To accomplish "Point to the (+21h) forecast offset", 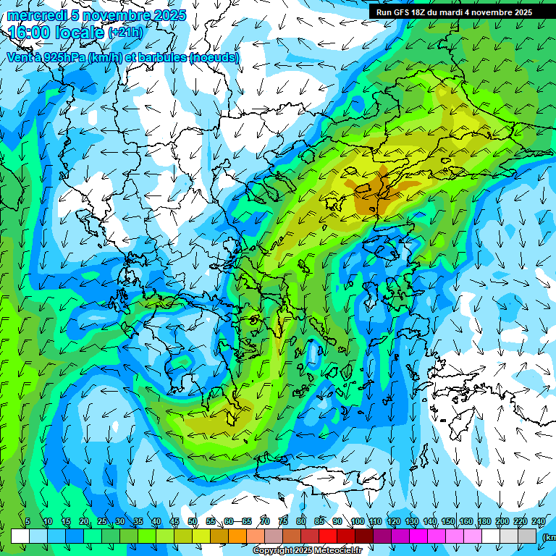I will (125, 33).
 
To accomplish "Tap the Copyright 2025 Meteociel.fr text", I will (307, 551).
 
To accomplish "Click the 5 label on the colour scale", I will (28, 521).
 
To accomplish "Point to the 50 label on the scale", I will (193, 521).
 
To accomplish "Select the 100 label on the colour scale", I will (357, 521).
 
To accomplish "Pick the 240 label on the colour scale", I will (539, 521).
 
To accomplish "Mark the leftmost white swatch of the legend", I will (20, 536).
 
